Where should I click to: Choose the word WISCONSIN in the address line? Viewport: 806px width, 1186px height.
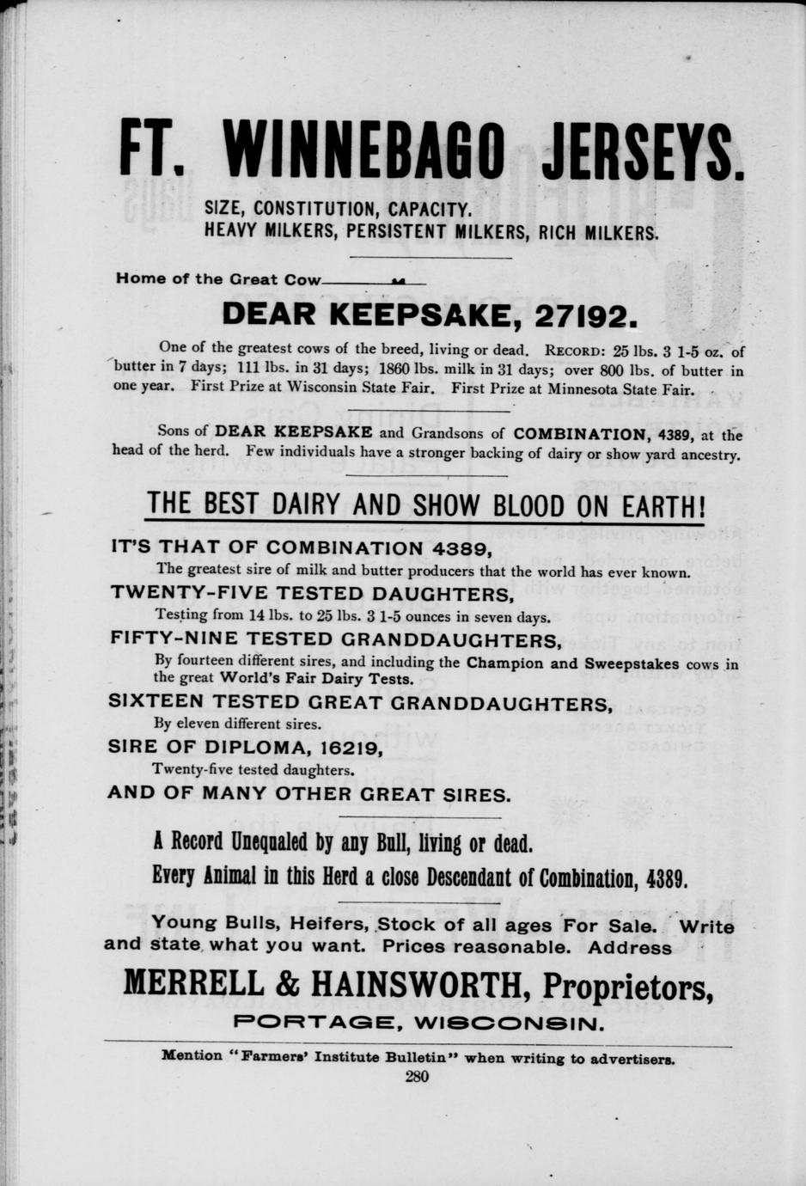pyautogui.click(x=509, y=1024)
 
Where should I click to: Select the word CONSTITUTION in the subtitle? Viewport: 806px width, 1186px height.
pyautogui.click(x=317, y=209)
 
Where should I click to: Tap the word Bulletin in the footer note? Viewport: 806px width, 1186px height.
pyautogui.click(x=414, y=1057)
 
